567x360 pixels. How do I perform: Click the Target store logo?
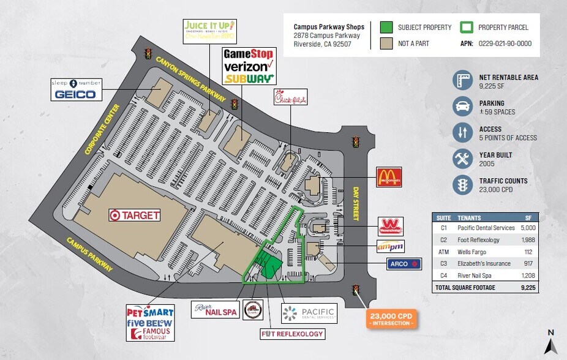pos(135,215)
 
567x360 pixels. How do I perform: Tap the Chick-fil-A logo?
pos(290,97)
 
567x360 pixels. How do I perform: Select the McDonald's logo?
pos(388,177)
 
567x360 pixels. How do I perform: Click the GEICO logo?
pos(75,94)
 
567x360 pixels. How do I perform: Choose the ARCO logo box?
pos(404,264)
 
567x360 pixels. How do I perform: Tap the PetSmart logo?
pos(150,312)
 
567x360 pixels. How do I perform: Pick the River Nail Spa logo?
pos(215,311)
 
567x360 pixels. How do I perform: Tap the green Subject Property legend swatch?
pos(386,28)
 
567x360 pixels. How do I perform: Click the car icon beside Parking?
pos(462,107)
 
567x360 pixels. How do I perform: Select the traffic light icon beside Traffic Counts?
pos(462,185)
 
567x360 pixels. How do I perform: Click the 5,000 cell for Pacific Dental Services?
pos(527,228)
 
